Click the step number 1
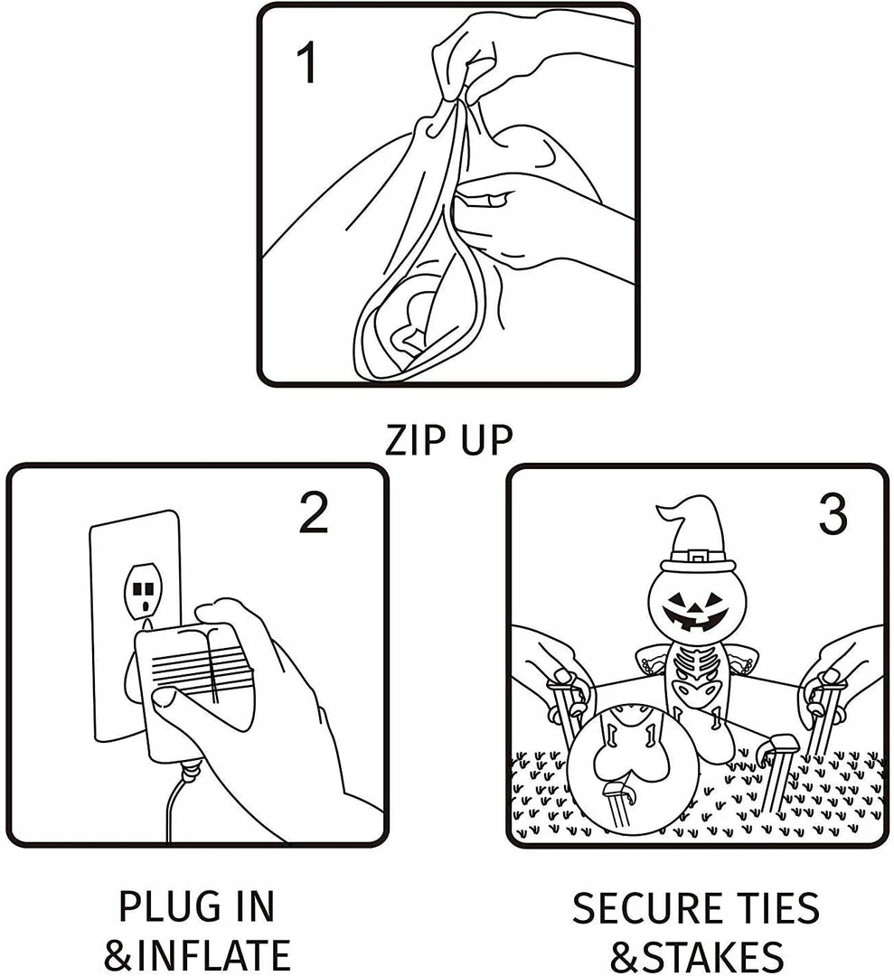pos(308,64)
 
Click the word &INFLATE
pos(197,955)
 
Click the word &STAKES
pos(696,956)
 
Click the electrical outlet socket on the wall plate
pos(143,591)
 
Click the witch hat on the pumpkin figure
pos(694,535)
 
